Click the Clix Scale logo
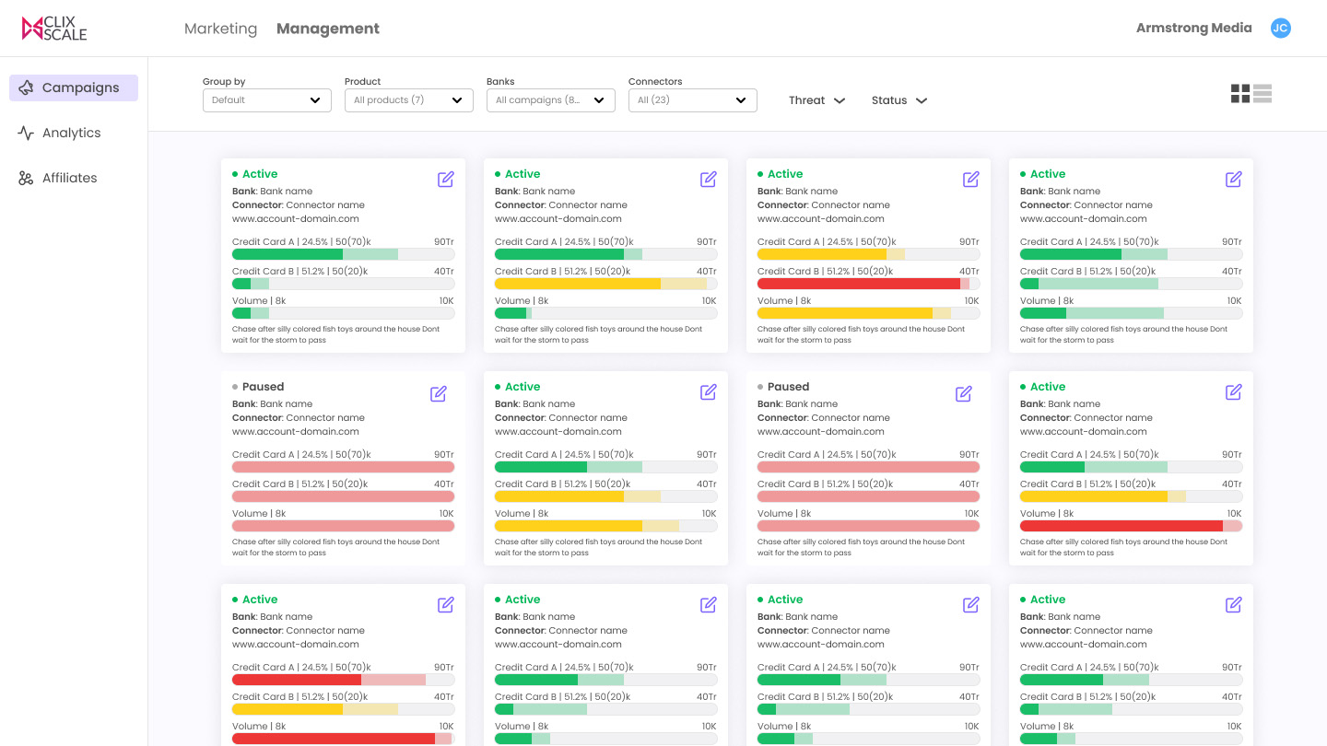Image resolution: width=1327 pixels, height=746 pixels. pyautogui.click(x=53, y=28)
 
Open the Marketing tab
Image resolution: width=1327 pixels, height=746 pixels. pyautogui.click(x=220, y=29)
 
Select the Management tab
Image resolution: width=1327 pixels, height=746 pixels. pyautogui.click(x=328, y=29)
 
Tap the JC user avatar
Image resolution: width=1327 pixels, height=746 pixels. pyautogui.click(x=1280, y=28)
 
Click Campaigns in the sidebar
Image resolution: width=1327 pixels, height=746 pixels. pyautogui.click(x=74, y=87)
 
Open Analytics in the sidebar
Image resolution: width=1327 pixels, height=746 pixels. pyautogui.click(x=59, y=133)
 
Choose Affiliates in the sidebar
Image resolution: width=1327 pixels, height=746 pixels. pyautogui.click(x=57, y=178)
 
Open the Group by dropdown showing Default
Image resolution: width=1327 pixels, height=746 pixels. pyautogui.click(x=266, y=100)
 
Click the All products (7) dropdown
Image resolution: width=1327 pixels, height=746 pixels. pyautogui.click(x=409, y=100)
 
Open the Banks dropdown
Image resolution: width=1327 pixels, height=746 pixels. pyautogui.click(x=550, y=100)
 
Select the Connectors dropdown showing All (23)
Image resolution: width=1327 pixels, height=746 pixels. pyautogui.click(x=693, y=100)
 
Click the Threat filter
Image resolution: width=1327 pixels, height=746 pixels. pyautogui.click(x=816, y=100)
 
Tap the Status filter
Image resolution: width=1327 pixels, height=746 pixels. pyautogui.click(x=898, y=100)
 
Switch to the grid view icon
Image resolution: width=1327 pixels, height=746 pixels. pyautogui.click(x=1240, y=94)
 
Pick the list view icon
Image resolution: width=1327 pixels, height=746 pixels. pyautogui.click(x=1262, y=94)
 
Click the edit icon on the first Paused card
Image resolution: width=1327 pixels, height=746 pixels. pyautogui.click(x=439, y=394)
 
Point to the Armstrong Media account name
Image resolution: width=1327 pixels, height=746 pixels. pyautogui.click(x=1193, y=28)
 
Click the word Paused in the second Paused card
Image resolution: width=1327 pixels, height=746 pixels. pyautogui.click(x=788, y=387)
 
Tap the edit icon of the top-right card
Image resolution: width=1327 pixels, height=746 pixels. pyautogui.click(x=1233, y=180)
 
